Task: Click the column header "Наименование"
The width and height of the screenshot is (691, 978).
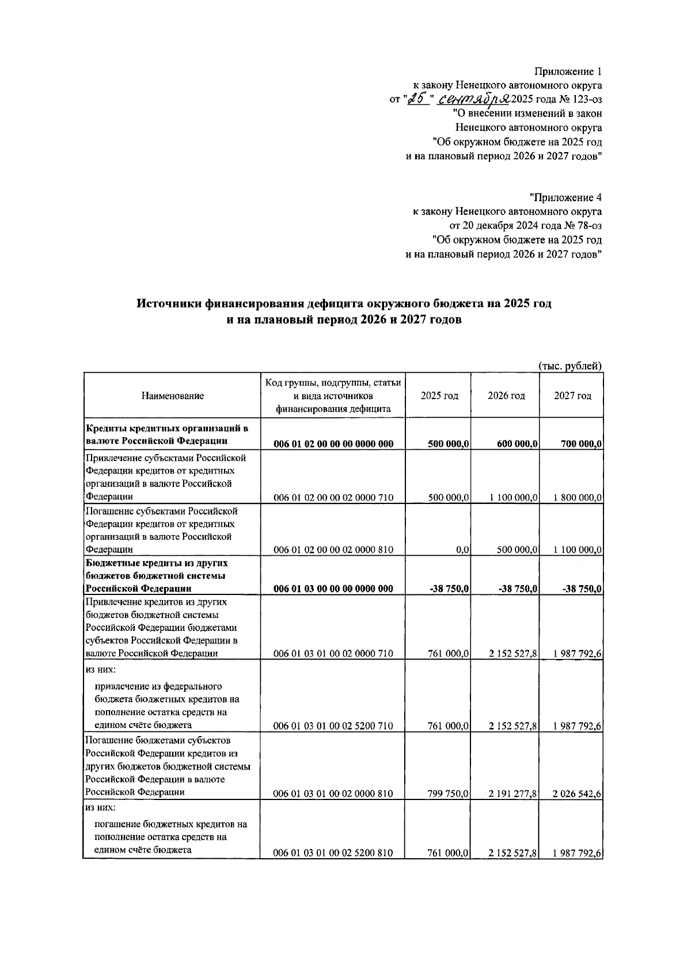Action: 172,396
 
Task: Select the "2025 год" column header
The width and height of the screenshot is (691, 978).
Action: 439,396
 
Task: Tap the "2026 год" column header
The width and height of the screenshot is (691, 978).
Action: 506,396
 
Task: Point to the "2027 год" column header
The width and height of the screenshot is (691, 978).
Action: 572,396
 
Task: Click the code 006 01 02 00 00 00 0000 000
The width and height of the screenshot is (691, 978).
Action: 333,444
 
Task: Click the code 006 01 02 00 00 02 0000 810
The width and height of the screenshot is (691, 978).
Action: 333,550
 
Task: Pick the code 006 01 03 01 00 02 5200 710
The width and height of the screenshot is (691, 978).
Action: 333,726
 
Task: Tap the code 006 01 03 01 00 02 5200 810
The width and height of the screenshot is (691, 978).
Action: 333,853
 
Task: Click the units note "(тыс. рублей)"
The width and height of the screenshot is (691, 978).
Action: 570,366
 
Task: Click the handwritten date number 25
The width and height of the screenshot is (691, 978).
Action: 416,99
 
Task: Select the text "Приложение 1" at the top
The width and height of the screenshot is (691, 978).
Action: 568,72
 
